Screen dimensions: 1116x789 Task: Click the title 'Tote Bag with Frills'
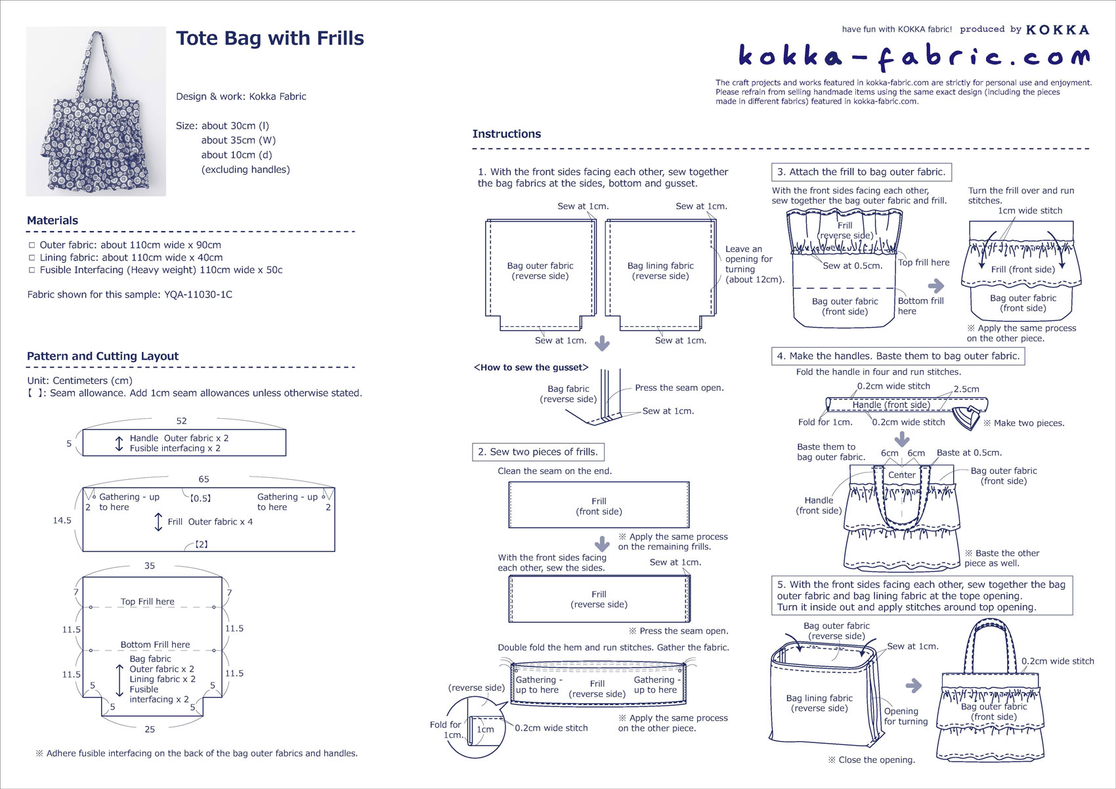pyautogui.click(x=270, y=38)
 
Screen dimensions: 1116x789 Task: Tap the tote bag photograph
pyautogui.click(x=96, y=111)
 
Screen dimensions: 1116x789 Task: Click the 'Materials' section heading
pyautogui.click(x=53, y=220)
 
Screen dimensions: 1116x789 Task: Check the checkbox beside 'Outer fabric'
pyautogui.click(x=32, y=245)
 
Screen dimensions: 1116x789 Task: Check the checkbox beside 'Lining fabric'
pyautogui.click(x=32, y=257)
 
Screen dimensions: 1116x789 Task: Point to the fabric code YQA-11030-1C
pyautogui.click(x=198, y=294)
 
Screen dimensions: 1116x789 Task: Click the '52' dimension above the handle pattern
pyautogui.click(x=181, y=421)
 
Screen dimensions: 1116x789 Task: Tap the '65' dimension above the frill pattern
pyautogui.click(x=204, y=479)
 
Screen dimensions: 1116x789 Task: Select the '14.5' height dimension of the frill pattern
pyautogui.click(x=62, y=521)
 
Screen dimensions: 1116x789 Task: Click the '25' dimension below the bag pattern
pyautogui.click(x=150, y=729)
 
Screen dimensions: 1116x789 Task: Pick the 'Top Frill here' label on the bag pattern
pyautogui.click(x=148, y=602)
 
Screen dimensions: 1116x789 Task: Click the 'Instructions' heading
pyautogui.click(x=506, y=134)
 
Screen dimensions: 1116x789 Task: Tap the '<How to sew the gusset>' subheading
pyautogui.click(x=530, y=368)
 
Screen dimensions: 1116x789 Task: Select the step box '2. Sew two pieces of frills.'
pyautogui.click(x=538, y=452)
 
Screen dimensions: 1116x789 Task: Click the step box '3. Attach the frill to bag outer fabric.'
pyautogui.click(x=861, y=172)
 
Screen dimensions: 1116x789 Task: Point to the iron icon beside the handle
pyautogui.click(x=966, y=417)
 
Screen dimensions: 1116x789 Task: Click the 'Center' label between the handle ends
pyautogui.click(x=902, y=475)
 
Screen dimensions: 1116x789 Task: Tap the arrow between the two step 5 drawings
pyautogui.click(x=914, y=686)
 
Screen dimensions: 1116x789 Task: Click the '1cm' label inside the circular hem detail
pyautogui.click(x=485, y=730)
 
